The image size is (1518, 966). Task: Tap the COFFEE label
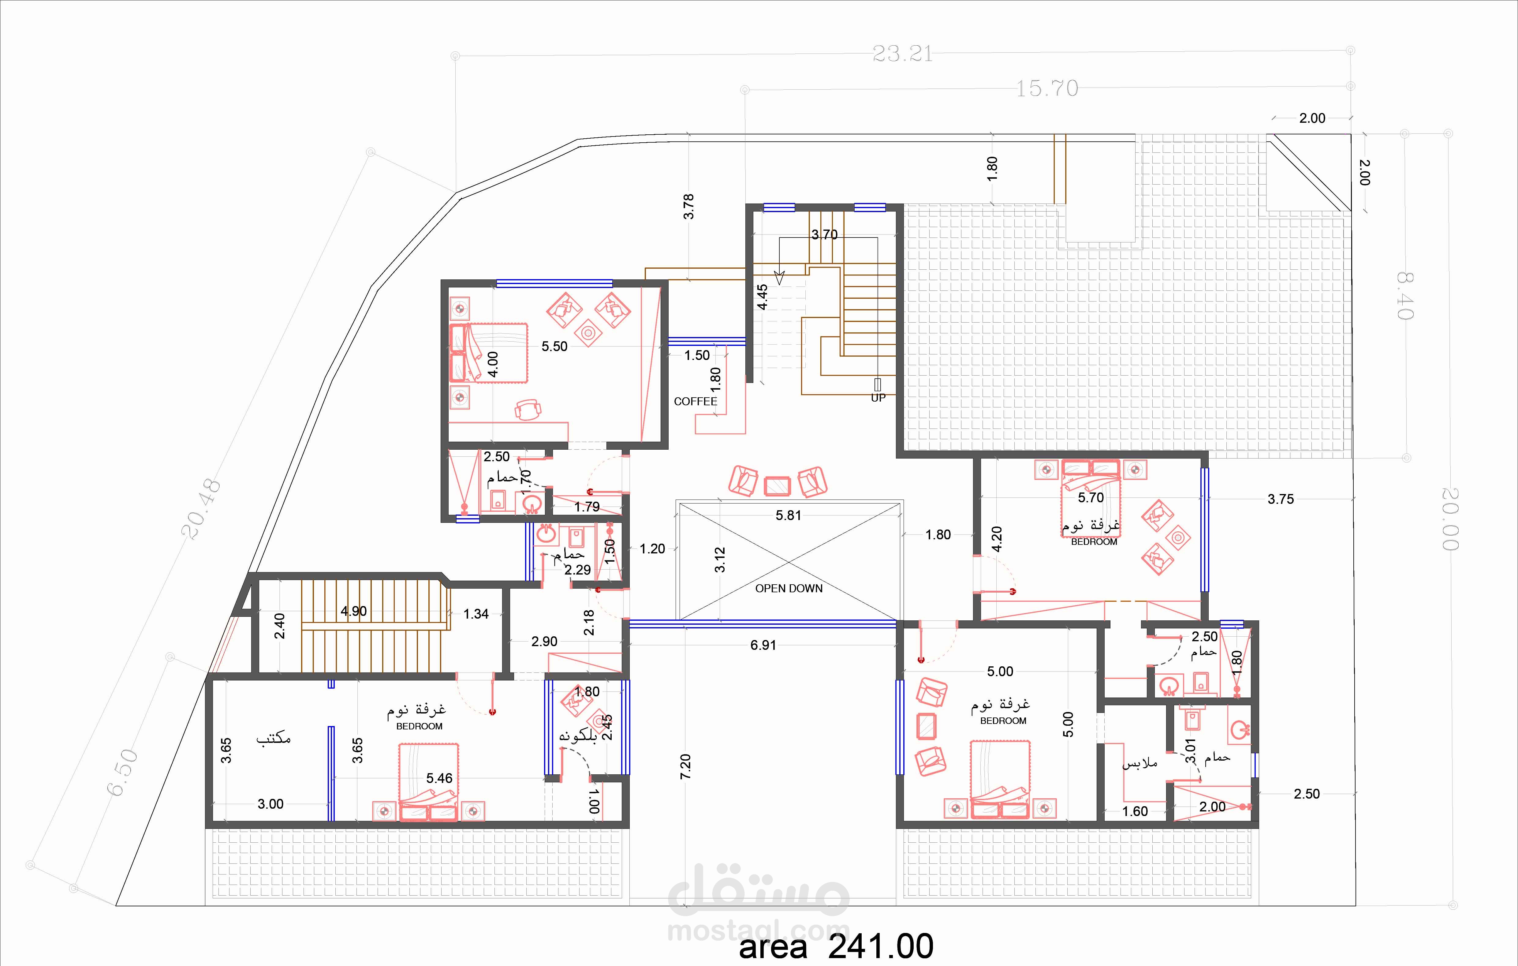pyautogui.click(x=695, y=401)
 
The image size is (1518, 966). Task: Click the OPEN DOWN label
pyautogui.click(x=789, y=588)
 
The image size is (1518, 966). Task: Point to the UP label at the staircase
pyautogui.click(x=878, y=398)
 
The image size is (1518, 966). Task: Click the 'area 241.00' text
pyautogui.click(x=836, y=946)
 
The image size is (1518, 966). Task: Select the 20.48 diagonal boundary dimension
pyautogui.click(x=201, y=508)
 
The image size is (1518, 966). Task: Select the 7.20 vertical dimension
pyautogui.click(x=686, y=766)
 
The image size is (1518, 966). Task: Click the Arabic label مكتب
pyautogui.click(x=273, y=738)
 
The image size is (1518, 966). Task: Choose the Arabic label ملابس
pyautogui.click(x=1140, y=763)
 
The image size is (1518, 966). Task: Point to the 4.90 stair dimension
pyautogui.click(x=354, y=611)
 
